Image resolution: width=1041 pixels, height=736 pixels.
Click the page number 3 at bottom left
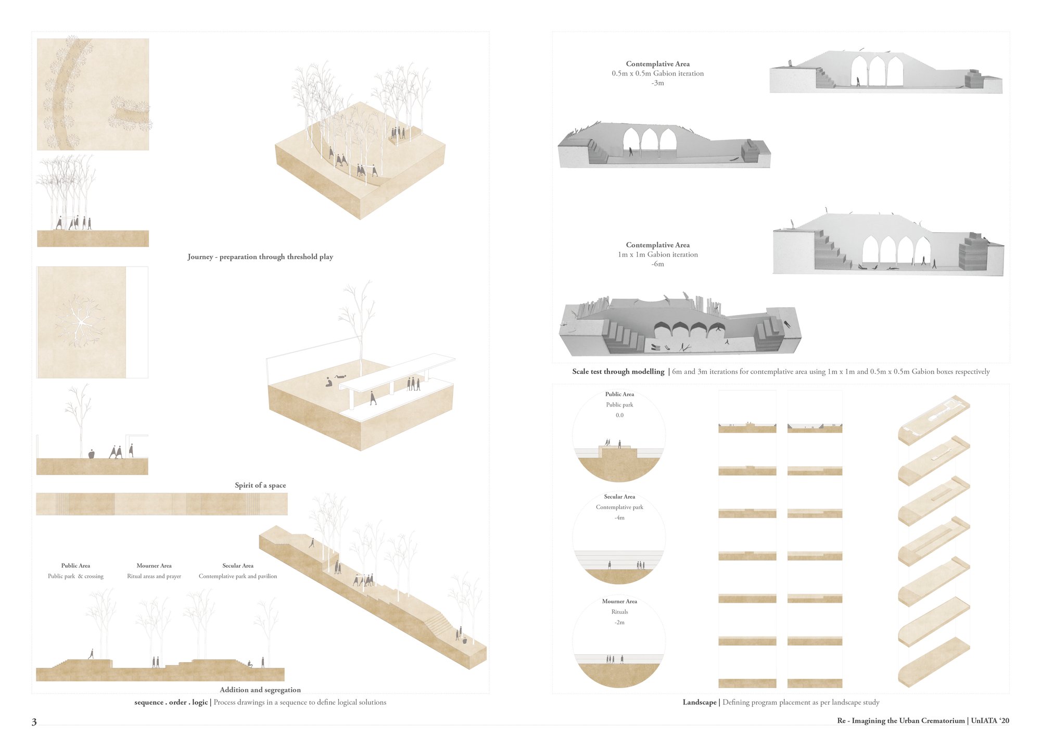point(34,721)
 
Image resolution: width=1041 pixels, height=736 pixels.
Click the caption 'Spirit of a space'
point(260,485)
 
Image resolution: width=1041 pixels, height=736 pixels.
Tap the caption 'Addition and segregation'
point(260,690)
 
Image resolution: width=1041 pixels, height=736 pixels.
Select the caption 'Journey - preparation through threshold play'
point(260,257)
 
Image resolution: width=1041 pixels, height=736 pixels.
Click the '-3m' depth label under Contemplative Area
point(658,83)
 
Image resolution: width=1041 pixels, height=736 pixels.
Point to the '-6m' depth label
point(658,264)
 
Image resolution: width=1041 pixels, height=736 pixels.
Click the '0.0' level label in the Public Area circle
point(619,415)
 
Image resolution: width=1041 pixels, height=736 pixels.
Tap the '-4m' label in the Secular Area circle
point(619,518)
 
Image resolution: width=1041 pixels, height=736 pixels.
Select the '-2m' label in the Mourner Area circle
point(619,623)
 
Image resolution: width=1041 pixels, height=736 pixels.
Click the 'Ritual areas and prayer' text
point(154,576)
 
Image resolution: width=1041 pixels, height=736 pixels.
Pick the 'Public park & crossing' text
point(75,576)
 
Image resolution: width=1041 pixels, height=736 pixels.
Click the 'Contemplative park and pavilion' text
point(238,576)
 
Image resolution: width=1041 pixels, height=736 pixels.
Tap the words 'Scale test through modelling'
point(618,372)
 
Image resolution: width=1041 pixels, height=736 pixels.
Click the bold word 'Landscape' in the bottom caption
point(700,702)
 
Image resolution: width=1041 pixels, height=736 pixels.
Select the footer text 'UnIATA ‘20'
point(990,721)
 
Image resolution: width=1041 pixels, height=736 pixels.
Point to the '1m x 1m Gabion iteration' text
point(658,255)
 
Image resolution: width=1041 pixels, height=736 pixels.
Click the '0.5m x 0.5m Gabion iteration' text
point(658,73)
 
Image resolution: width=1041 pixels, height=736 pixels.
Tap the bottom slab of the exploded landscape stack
point(934,662)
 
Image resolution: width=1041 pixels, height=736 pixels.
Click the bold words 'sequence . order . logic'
point(171,702)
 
